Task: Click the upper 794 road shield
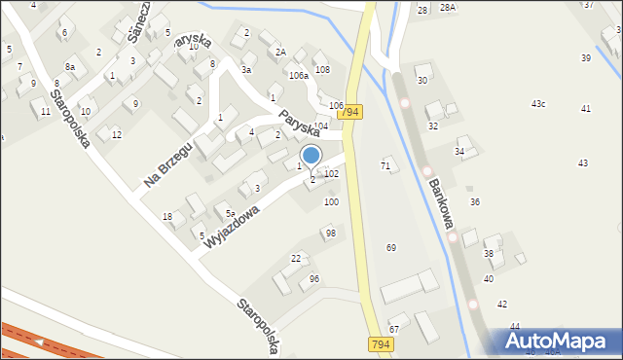[351, 113]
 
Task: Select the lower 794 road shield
[382, 344]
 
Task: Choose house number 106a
[298, 75]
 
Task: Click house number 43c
[538, 104]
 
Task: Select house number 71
[385, 166]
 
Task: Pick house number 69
[391, 248]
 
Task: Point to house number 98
[331, 234]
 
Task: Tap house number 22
[296, 258]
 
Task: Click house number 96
[313, 279]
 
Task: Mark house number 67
[394, 330]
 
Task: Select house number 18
[167, 216]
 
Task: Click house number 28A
[447, 8]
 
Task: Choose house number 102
[331, 173]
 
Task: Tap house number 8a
[70, 66]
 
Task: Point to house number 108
[322, 69]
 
